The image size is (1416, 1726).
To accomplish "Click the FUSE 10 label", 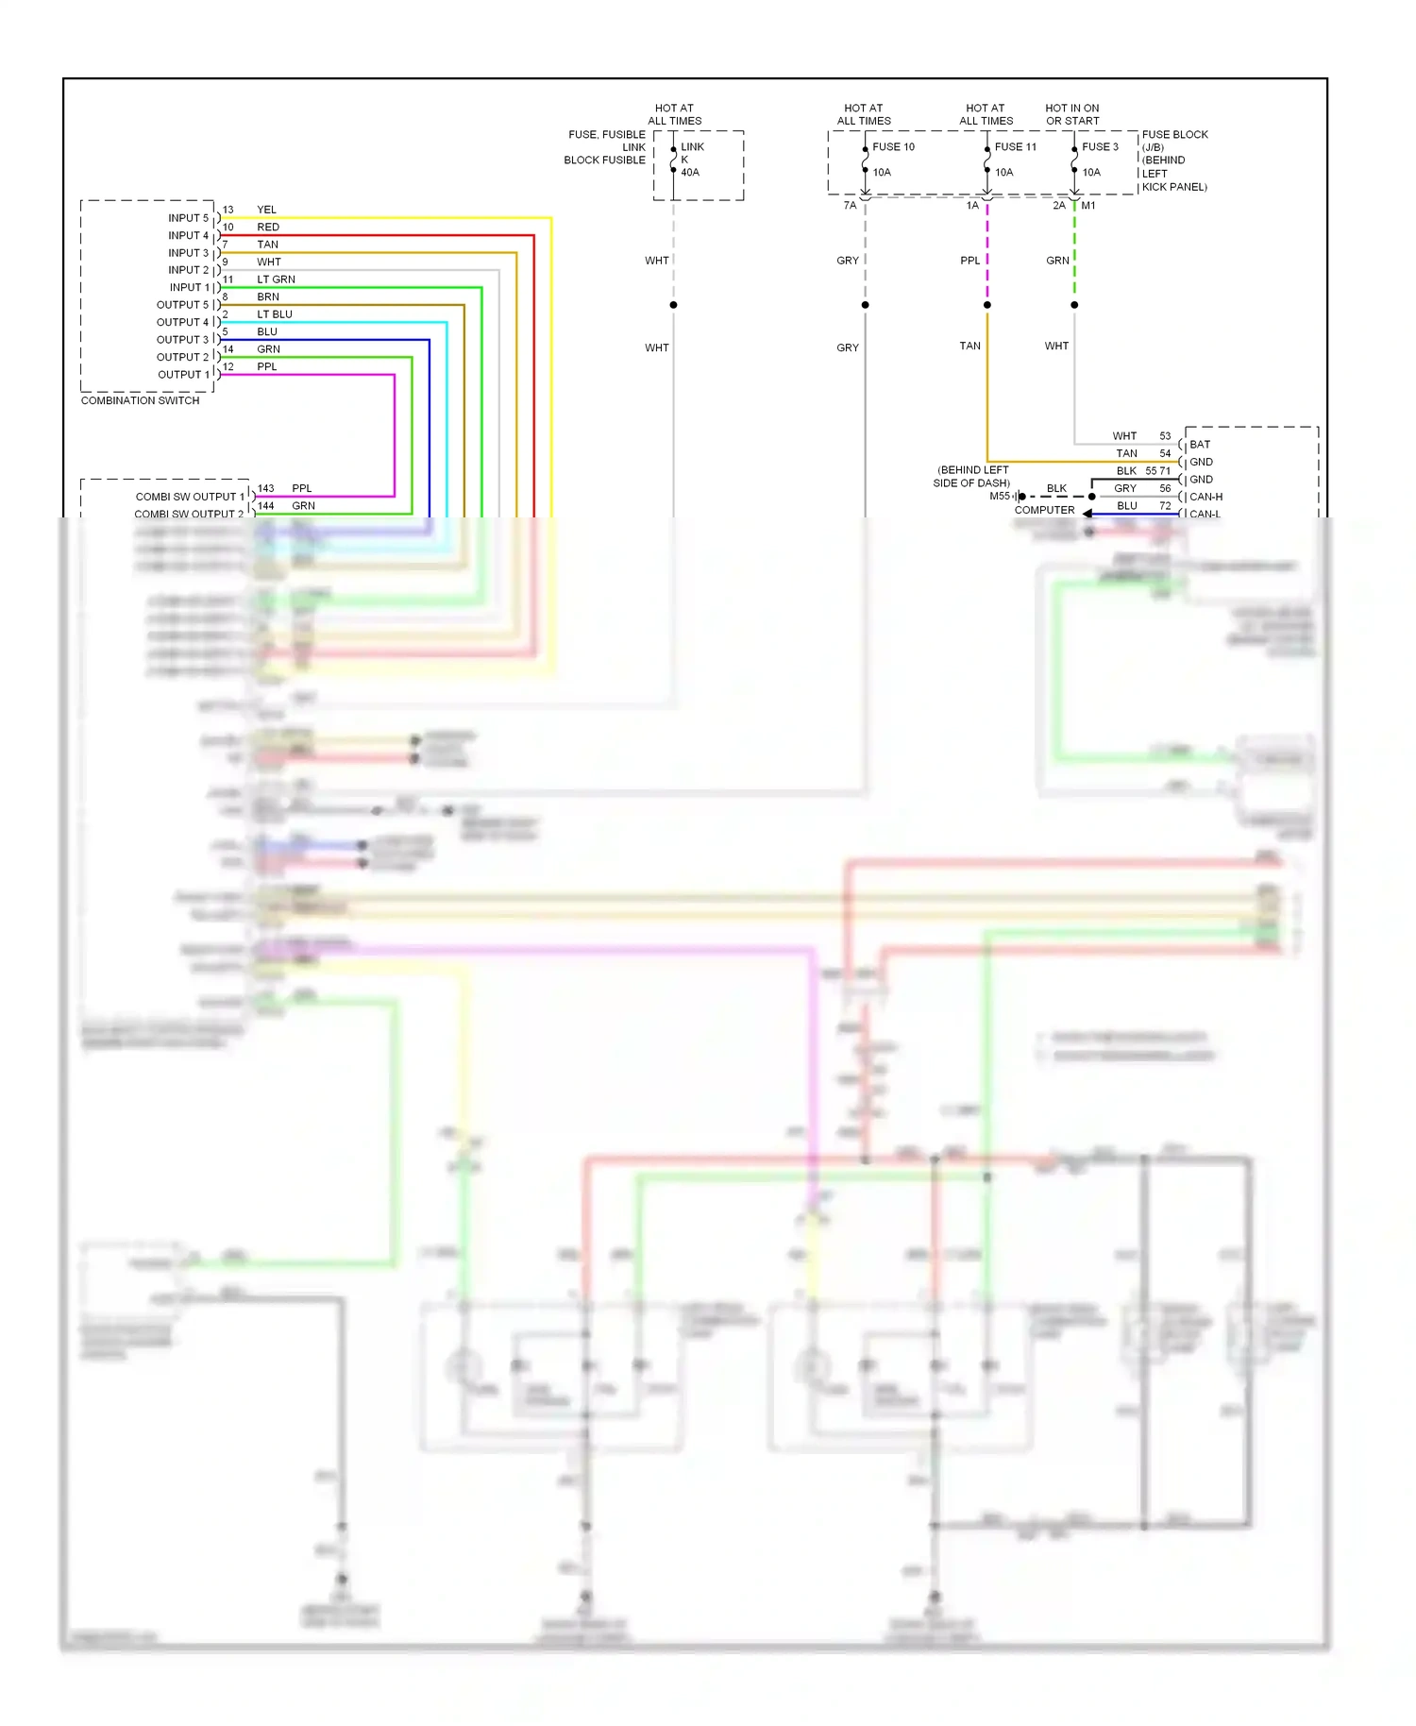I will click(893, 146).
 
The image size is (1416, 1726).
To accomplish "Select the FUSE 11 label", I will click(1015, 146).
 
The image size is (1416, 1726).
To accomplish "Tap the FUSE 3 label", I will click(1100, 146).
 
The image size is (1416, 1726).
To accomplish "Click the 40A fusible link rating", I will click(690, 172).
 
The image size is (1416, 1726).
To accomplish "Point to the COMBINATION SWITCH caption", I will click(140, 400).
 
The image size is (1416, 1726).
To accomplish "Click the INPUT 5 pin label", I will click(188, 218).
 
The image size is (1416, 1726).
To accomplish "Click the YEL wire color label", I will click(266, 210).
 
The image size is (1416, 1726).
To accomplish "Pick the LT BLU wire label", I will click(274, 314).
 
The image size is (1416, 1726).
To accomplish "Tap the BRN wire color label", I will click(268, 296).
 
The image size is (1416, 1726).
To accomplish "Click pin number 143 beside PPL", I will click(265, 488).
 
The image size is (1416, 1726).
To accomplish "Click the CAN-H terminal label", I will click(1205, 497).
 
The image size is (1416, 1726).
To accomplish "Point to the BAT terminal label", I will click(1199, 444).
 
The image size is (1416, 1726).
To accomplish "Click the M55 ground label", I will click(999, 496).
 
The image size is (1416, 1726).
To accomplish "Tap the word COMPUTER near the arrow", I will click(1044, 510).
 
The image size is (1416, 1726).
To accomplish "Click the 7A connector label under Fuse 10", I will click(850, 205).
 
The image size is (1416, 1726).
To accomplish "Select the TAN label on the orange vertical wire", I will click(969, 346).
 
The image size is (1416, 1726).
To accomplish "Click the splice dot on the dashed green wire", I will click(1074, 305).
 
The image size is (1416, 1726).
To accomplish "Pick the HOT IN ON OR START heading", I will click(1071, 114).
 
